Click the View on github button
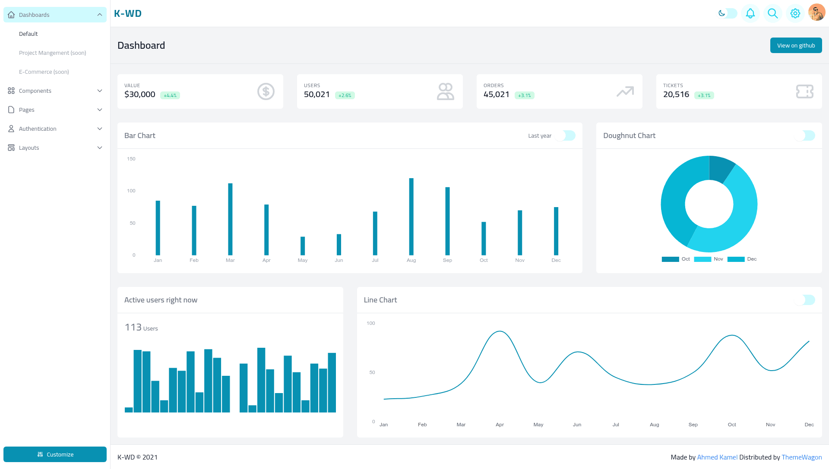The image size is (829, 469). tap(796, 45)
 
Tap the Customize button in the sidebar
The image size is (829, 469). tap(55, 454)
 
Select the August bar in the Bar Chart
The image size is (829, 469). tap(411, 217)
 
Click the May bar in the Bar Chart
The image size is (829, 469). tap(303, 246)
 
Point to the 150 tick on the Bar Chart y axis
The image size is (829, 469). tap(131, 159)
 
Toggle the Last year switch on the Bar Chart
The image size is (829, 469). tap(565, 135)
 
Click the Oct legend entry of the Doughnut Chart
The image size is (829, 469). tap(676, 259)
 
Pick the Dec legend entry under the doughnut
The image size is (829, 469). tap(742, 259)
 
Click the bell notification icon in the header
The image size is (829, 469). tap(750, 13)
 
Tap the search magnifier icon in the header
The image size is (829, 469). tap(773, 13)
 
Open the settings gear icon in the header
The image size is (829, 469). tap(795, 13)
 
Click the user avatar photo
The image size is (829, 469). tap(817, 13)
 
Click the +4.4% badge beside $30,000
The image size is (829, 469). tap(170, 95)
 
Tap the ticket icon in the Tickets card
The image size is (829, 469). tap(805, 91)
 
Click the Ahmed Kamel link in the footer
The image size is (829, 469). tap(717, 457)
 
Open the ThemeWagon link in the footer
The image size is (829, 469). tap(802, 457)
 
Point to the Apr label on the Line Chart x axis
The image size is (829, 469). tap(500, 425)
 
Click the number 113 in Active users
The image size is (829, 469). tap(133, 327)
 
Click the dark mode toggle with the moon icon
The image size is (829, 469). tap(728, 13)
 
